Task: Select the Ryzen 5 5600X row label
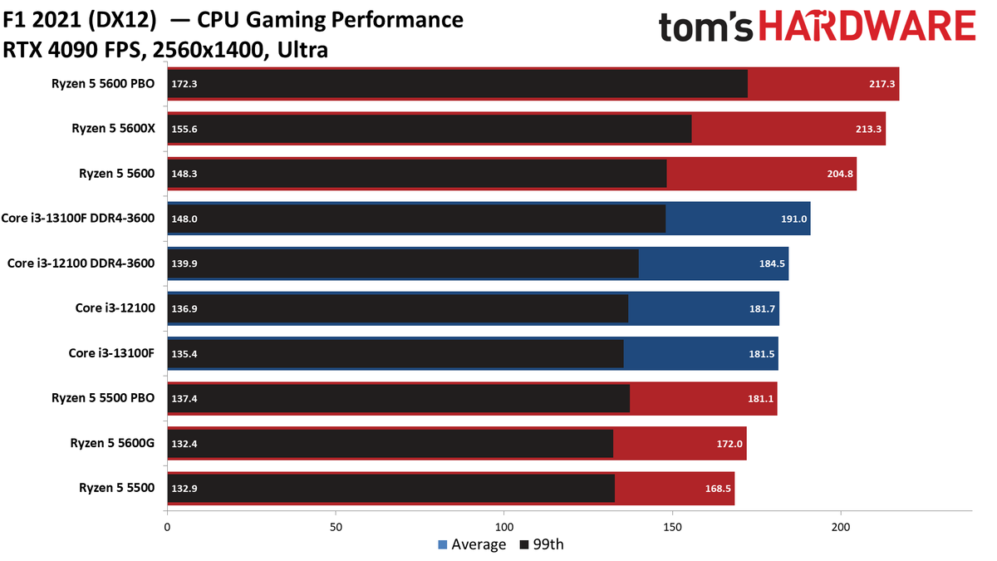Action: pyautogui.click(x=113, y=129)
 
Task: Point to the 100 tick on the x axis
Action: pyautogui.click(x=504, y=526)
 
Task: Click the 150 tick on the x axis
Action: pyautogui.click(x=673, y=526)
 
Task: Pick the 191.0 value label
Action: pyautogui.click(x=793, y=219)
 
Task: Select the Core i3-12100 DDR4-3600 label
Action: pyautogui.click(x=81, y=263)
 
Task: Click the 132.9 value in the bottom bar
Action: pyautogui.click(x=184, y=488)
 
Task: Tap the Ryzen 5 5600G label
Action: pyautogui.click(x=112, y=443)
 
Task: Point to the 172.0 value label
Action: pyautogui.click(x=729, y=443)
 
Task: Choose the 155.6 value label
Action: pyautogui.click(x=184, y=129)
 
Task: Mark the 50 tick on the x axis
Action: pyautogui.click(x=336, y=526)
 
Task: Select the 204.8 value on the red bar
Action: pyautogui.click(x=838, y=174)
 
